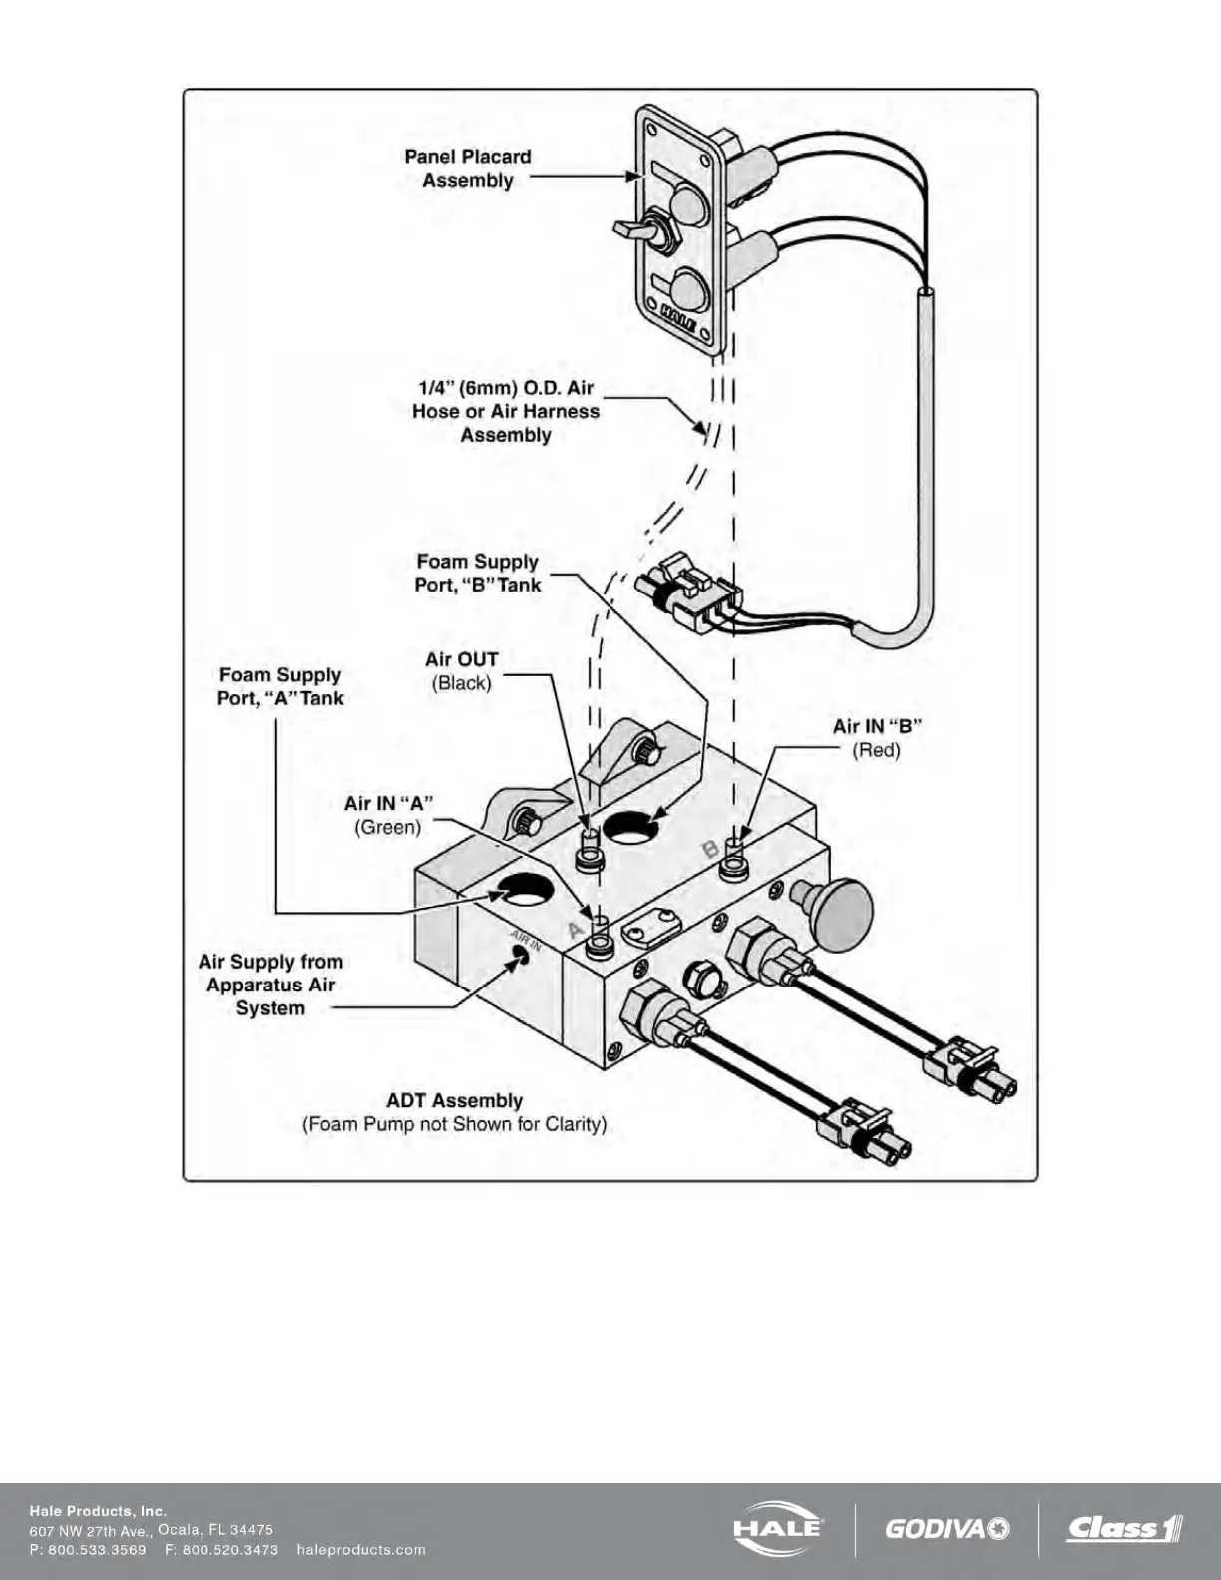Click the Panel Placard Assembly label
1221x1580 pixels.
pos(467,169)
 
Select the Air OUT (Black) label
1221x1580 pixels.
pos(461,671)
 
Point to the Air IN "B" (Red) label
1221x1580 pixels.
pos(876,738)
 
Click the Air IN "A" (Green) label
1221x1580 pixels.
pos(388,815)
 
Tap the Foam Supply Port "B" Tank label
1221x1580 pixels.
pos(478,574)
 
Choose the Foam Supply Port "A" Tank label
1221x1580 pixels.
pos(280,687)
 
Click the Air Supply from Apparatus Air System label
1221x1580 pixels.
pos(270,985)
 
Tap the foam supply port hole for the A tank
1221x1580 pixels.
pos(522,888)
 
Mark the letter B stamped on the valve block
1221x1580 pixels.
pos(710,849)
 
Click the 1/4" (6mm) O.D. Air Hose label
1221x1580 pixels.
pos(506,411)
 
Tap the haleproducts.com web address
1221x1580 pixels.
pos(361,1550)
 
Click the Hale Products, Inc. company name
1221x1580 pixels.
pos(98,1511)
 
